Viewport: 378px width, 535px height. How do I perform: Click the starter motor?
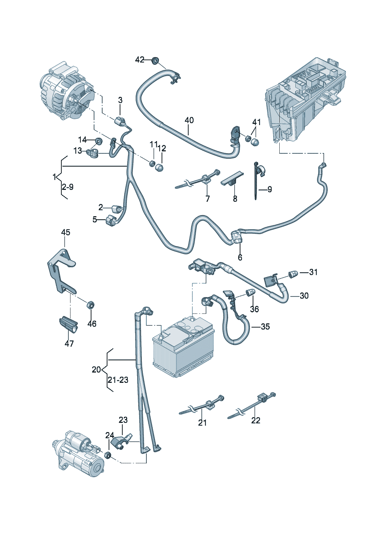78,454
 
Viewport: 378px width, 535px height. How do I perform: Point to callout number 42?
140,59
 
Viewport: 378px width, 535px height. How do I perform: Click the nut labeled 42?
155,60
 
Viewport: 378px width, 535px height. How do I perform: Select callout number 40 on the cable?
189,120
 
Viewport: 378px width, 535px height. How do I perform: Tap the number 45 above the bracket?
66,232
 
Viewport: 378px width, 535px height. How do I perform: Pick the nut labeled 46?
91,305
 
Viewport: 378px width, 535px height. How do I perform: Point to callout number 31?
313,272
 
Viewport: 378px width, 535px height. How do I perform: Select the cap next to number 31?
293,273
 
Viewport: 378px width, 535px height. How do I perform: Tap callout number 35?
265,326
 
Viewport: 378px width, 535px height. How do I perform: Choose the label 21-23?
118,380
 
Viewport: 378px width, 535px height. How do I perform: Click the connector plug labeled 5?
111,220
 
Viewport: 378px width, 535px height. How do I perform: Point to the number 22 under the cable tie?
256,420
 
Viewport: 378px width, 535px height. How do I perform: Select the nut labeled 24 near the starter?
107,455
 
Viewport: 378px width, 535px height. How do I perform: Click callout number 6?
240,257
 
